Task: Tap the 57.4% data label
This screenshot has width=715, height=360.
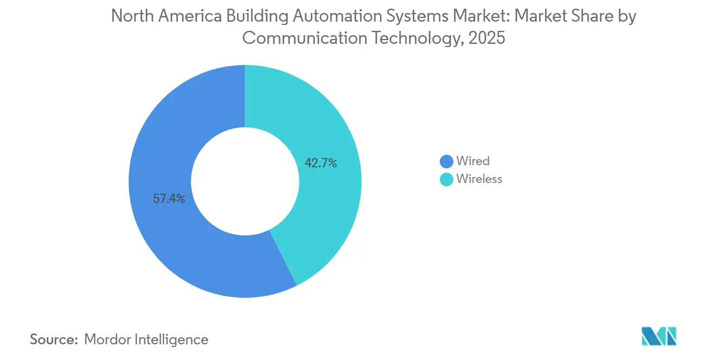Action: [x=169, y=199]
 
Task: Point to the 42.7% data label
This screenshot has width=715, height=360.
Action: [x=321, y=162]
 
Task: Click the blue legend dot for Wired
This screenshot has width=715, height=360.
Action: [x=446, y=161]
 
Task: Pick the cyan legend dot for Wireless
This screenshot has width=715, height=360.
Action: [x=446, y=179]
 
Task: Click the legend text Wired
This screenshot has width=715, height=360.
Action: [x=472, y=161]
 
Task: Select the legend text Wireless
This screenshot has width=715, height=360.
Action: [x=479, y=179]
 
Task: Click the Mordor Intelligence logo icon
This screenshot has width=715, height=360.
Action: [x=659, y=336]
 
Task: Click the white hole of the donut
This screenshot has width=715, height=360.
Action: [x=245, y=181]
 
